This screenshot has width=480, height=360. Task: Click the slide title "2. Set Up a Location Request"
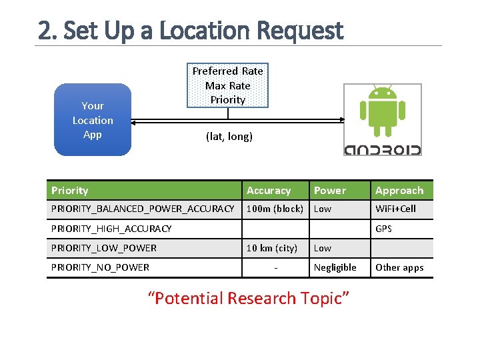click(191, 31)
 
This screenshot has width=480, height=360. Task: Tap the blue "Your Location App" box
click(93, 120)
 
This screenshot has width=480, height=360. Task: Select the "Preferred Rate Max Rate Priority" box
click(228, 85)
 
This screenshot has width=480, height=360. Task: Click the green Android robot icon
click(382, 111)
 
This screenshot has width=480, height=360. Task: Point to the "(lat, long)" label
click(229, 137)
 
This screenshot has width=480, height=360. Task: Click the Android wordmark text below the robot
click(382, 149)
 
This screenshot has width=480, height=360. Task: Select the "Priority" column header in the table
click(70, 191)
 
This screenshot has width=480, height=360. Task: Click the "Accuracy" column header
click(269, 191)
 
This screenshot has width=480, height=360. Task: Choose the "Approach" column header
click(399, 191)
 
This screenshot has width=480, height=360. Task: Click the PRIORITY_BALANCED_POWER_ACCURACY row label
click(143, 209)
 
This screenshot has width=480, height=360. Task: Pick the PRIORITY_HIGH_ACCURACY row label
click(111, 229)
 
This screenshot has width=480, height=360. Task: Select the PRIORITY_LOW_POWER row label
click(104, 248)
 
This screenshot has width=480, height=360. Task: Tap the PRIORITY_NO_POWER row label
click(101, 267)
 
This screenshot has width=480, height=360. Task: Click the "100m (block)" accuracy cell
click(275, 209)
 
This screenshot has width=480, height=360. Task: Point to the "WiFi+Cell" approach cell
click(395, 209)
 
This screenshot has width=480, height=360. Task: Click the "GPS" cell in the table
click(383, 229)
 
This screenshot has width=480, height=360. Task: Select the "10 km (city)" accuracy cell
click(272, 248)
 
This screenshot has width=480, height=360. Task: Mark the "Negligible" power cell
click(335, 267)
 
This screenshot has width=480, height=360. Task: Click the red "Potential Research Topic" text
click(248, 298)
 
